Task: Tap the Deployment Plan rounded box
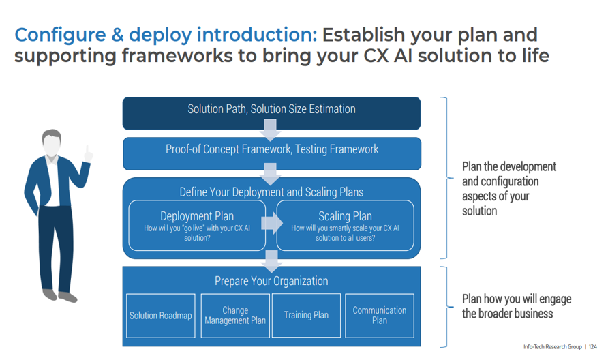pyautogui.click(x=196, y=225)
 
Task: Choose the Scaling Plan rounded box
pyautogui.click(x=345, y=225)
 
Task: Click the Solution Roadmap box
pyautogui.click(x=161, y=316)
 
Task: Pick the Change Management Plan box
pyautogui.click(x=235, y=316)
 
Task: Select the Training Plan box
pyautogui.click(x=306, y=316)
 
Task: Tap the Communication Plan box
pyautogui.click(x=380, y=316)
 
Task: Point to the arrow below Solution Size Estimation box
pyautogui.click(x=271, y=129)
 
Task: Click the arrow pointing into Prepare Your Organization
pyautogui.click(x=271, y=260)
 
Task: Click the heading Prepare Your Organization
pyautogui.click(x=271, y=281)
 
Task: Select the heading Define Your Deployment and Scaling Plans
pyautogui.click(x=271, y=192)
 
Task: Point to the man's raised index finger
pyautogui.click(x=89, y=149)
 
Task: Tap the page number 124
pyautogui.click(x=593, y=347)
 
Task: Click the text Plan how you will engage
pyautogui.click(x=517, y=299)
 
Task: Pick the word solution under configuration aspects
pyautogui.click(x=480, y=211)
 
